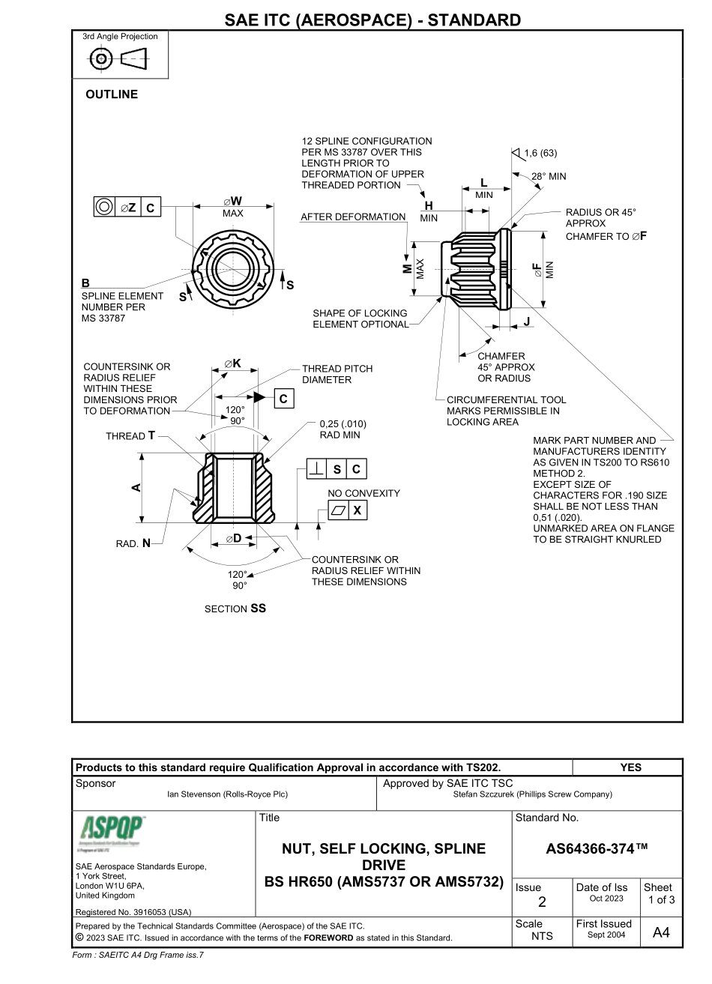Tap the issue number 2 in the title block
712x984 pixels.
coord(541,902)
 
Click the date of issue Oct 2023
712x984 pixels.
coord(606,899)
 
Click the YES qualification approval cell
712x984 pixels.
coord(631,767)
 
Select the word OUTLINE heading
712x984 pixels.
coord(112,94)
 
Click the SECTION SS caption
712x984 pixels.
coord(235,609)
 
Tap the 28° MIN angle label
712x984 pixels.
coord(549,177)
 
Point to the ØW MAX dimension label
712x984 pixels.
coord(232,206)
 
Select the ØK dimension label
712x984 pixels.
coord(232,363)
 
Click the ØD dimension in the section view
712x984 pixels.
coord(233,539)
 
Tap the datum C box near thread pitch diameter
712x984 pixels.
coord(283,399)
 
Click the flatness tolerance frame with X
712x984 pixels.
coord(348,510)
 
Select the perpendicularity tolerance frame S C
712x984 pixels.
coord(337,470)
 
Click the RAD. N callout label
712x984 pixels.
coord(133,543)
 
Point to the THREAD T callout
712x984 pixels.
coord(130,435)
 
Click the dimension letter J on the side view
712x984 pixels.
coord(527,321)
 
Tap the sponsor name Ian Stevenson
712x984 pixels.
coord(227,794)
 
